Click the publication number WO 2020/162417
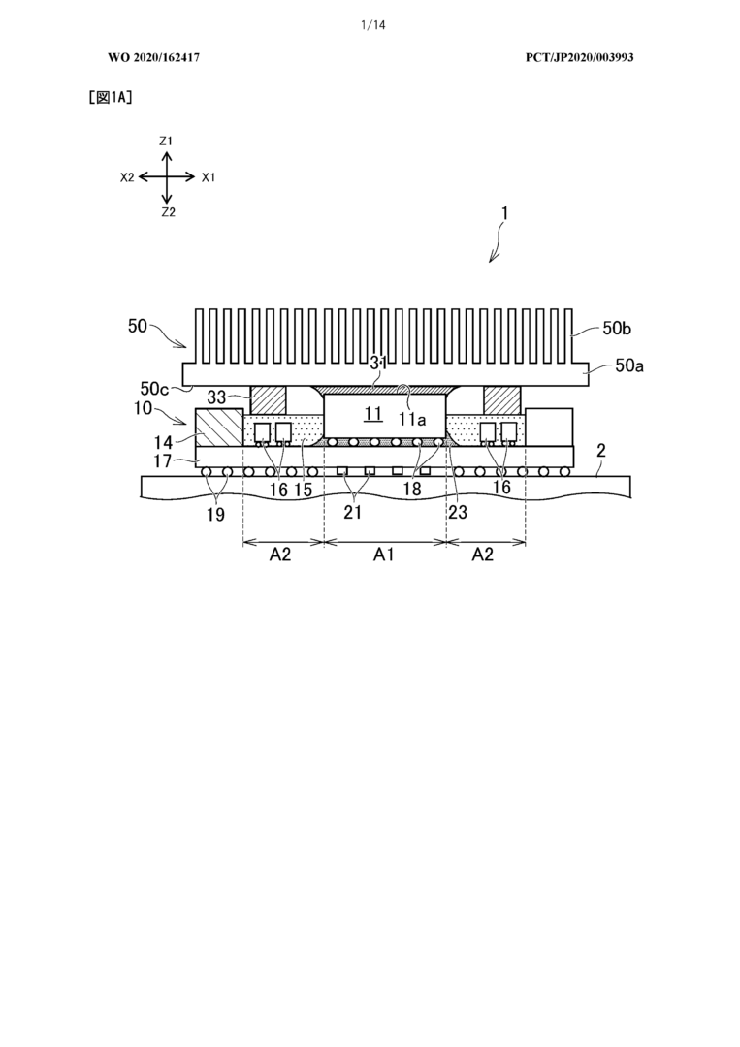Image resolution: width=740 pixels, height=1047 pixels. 153,58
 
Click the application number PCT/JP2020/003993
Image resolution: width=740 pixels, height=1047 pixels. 579,58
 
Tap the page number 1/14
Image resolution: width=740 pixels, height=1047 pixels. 372,25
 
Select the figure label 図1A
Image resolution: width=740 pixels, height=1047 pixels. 111,98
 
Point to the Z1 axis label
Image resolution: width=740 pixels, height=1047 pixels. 166,141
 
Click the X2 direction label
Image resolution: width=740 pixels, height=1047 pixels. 128,177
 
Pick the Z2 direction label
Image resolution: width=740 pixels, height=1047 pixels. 168,212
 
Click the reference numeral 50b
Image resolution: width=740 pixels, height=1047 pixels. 617,328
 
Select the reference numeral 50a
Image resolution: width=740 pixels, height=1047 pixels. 629,365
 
